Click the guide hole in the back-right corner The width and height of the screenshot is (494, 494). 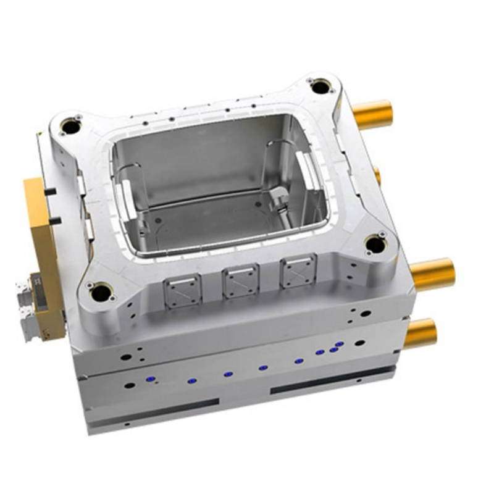point(320,87)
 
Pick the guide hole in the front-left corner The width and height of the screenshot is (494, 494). point(101,292)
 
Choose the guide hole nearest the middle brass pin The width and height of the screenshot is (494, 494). point(375,245)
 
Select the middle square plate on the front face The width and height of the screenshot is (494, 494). point(240,280)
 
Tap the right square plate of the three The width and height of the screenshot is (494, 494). point(298,270)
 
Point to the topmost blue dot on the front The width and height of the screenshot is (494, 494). point(339,344)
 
